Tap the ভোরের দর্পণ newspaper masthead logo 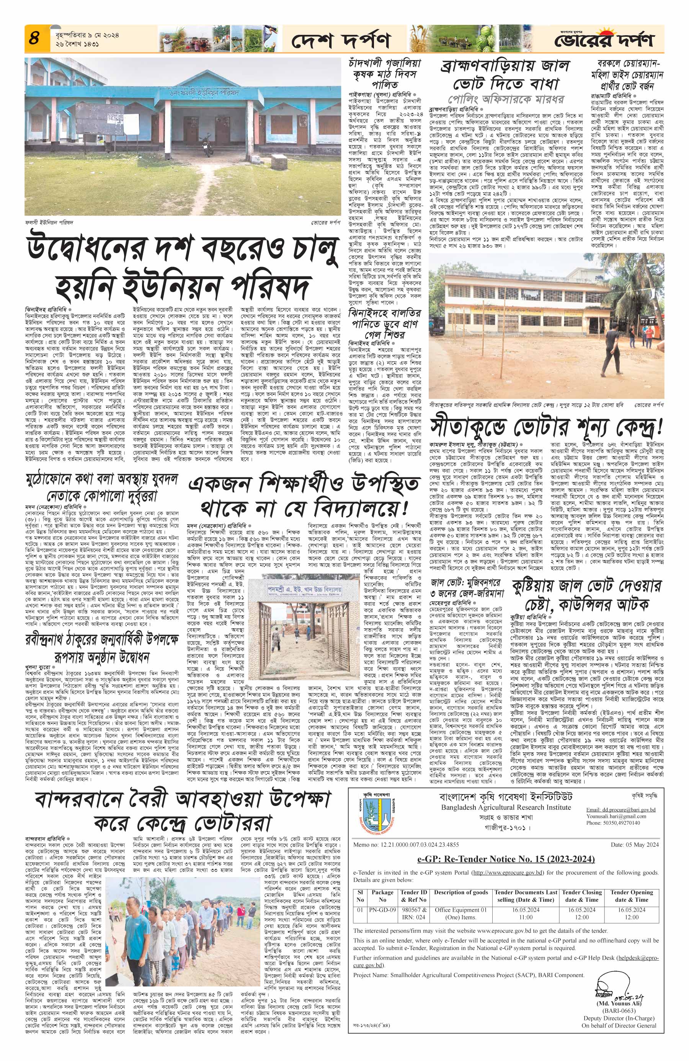pyautogui.click(x=604, y=40)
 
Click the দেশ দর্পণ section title pyautogui.click(x=341, y=41)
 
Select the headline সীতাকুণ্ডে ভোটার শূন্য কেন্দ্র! pyautogui.click(x=546, y=427)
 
